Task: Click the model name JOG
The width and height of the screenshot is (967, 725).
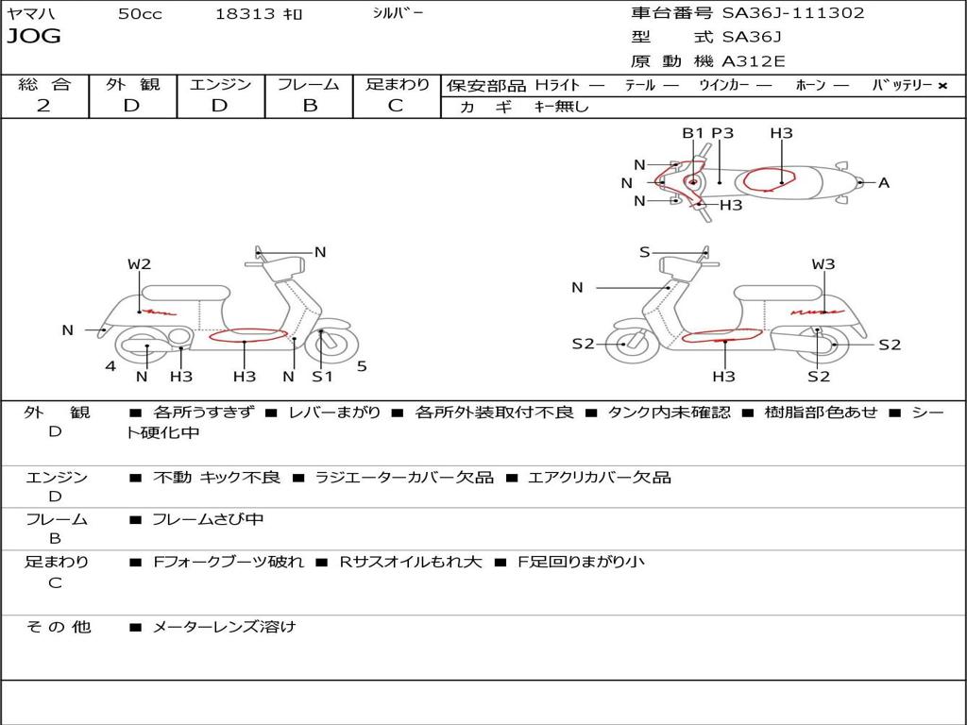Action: [x=34, y=36]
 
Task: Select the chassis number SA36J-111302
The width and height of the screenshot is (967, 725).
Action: [x=793, y=13]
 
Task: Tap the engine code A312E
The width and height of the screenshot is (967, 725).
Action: [x=753, y=61]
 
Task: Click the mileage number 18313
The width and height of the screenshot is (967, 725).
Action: [x=245, y=14]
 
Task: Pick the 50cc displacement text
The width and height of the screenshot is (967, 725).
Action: [x=140, y=14]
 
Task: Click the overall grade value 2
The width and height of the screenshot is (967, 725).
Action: [x=43, y=106]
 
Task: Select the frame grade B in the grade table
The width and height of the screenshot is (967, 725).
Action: [x=310, y=106]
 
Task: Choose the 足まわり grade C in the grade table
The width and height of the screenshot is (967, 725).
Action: [x=396, y=106]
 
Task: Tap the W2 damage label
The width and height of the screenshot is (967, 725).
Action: [x=140, y=264]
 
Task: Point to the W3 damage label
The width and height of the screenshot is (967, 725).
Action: [x=823, y=264]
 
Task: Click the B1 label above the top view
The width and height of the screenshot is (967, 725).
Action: [x=692, y=133]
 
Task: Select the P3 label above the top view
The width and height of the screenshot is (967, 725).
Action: [x=722, y=133]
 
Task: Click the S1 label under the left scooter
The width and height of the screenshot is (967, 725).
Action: [x=322, y=377]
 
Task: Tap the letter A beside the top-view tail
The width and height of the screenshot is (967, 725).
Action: [x=884, y=182]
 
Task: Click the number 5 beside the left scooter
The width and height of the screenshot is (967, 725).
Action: [x=362, y=366]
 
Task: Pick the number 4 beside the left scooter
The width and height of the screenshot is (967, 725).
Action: [x=110, y=366]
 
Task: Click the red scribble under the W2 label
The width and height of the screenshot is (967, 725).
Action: [x=157, y=312]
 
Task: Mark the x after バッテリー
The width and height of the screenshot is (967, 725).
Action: [x=942, y=86]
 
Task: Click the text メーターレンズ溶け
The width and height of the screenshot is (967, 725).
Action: [x=224, y=627]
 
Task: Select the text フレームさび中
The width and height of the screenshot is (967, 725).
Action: [x=208, y=520]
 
